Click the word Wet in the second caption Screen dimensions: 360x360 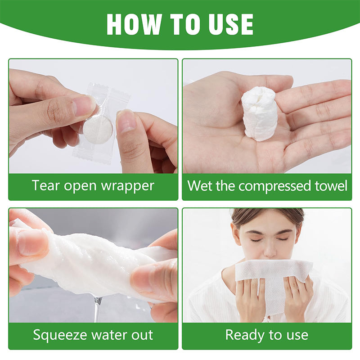coord(199,185)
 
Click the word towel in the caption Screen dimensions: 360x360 coord(330,185)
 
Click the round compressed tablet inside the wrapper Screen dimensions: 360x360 coord(98,130)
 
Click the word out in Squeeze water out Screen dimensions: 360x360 coord(141,335)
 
